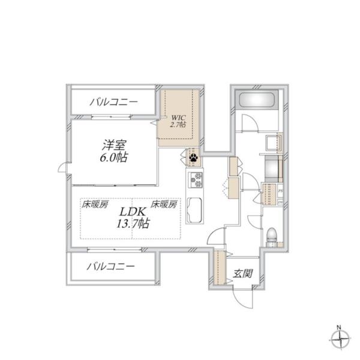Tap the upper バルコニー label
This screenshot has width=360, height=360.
pos(114,102)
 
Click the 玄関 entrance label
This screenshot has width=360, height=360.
pos(242,274)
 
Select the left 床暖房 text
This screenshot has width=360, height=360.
pos(95,205)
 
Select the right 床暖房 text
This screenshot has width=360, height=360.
pos(164,205)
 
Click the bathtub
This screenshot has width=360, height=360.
pos(256,100)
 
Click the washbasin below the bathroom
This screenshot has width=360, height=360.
pos(274,144)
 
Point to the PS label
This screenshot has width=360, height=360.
pos(281,191)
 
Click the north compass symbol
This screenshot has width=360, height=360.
pos(339,340)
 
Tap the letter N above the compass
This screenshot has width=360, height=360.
pos(339,327)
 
